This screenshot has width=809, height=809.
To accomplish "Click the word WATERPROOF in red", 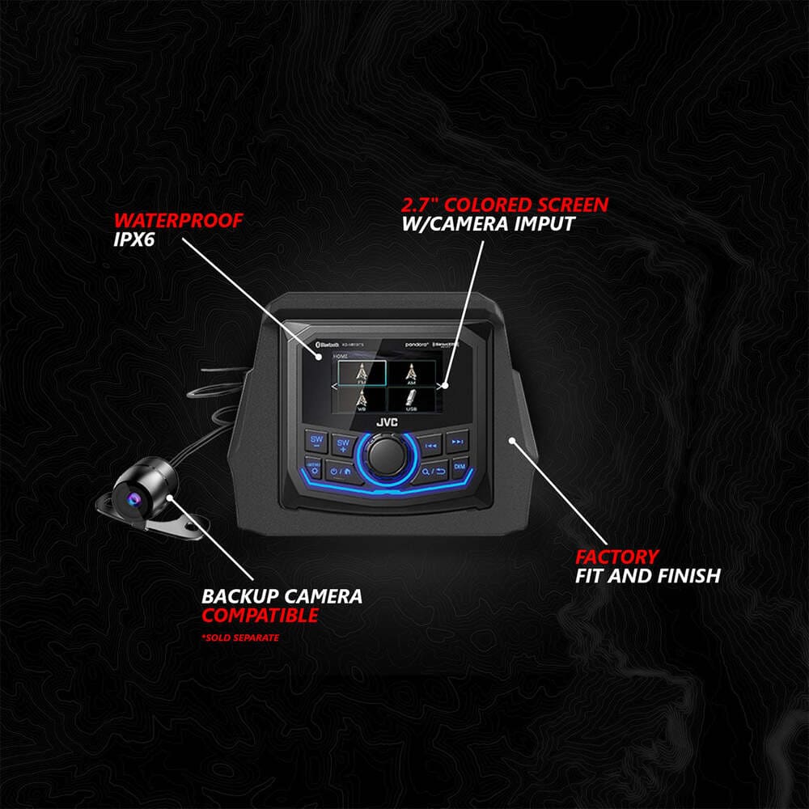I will pyautogui.click(x=178, y=220).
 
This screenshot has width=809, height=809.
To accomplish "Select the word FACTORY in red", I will pyautogui.click(x=616, y=557).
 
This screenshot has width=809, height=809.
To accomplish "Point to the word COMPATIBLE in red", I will pyautogui.click(x=260, y=616).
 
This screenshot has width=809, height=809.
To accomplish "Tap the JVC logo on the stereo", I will pyautogui.click(x=386, y=421).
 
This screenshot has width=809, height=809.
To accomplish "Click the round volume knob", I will pyautogui.click(x=388, y=457).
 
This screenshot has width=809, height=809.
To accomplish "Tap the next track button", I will pyautogui.click(x=457, y=442).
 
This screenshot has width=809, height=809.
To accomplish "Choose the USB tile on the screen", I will pyautogui.click(x=413, y=398).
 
